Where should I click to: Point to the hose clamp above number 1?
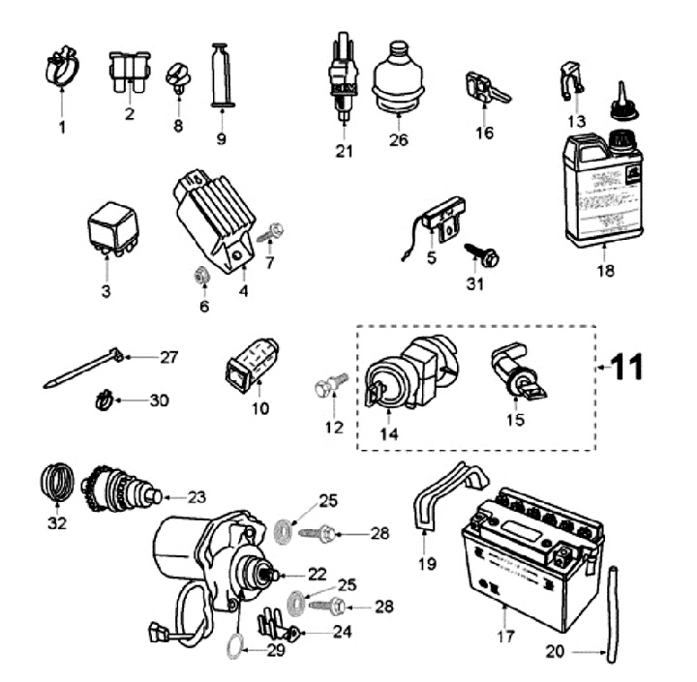62,66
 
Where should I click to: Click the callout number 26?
397,140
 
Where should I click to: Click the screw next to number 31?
483,255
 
